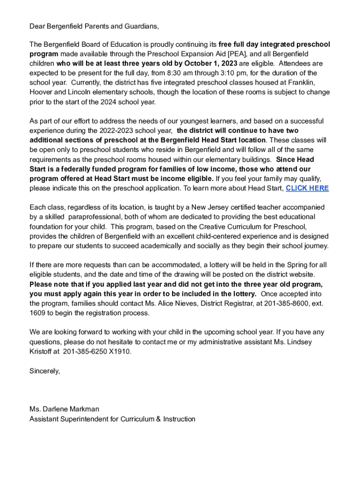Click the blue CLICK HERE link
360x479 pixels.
click(307, 189)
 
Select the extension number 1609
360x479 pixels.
click(37, 313)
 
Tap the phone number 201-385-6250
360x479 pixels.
click(84, 352)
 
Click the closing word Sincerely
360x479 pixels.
click(44, 371)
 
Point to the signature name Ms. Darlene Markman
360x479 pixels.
click(64, 409)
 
